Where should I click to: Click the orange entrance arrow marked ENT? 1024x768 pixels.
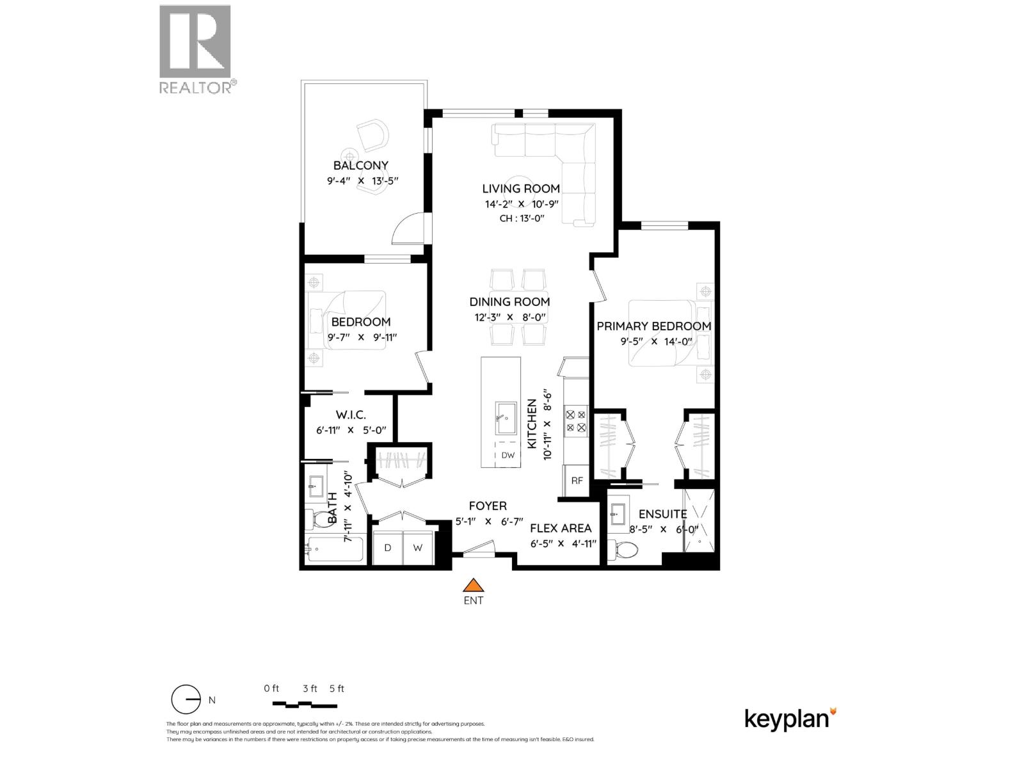pyautogui.click(x=473, y=585)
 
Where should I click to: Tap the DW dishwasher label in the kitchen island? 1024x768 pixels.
pyautogui.click(x=508, y=456)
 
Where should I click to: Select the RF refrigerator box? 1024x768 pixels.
pyautogui.click(x=577, y=481)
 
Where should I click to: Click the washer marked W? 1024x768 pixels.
pyautogui.click(x=417, y=548)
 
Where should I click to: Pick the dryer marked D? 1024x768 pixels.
pyautogui.click(x=388, y=548)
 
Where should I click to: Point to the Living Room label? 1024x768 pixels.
pyautogui.click(x=521, y=188)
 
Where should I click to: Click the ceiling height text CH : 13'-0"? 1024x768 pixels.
pyautogui.click(x=521, y=218)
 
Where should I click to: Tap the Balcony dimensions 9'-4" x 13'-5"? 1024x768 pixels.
pyautogui.click(x=361, y=180)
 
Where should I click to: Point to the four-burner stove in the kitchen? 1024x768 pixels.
pyautogui.click(x=575, y=421)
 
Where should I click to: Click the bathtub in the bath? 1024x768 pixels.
pyautogui.click(x=335, y=550)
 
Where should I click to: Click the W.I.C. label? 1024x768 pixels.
pyautogui.click(x=351, y=415)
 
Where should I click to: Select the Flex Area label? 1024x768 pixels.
pyautogui.click(x=561, y=528)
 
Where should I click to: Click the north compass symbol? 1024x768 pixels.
pyautogui.click(x=186, y=700)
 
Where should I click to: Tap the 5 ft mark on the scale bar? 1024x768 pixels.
pyautogui.click(x=337, y=689)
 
